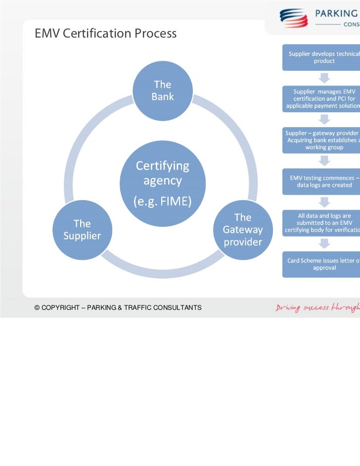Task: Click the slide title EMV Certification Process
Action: [x=105, y=34]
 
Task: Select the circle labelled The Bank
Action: [x=163, y=91]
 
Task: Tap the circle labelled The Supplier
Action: [x=82, y=230]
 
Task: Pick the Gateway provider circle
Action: [x=242, y=230]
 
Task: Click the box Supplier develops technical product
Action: [x=322, y=57]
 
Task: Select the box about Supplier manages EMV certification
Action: [x=322, y=99]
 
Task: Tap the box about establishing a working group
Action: [x=322, y=140]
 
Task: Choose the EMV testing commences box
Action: [x=322, y=181]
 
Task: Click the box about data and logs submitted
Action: [x=322, y=223]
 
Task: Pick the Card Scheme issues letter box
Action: [x=322, y=264]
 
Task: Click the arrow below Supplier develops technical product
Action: [x=324, y=78]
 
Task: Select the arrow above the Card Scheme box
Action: [x=324, y=244]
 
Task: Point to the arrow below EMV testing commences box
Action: [x=324, y=202]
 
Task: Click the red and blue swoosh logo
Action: [x=294, y=17]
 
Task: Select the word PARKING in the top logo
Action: [x=337, y=13]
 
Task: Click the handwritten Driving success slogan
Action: [x=317, y=308]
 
